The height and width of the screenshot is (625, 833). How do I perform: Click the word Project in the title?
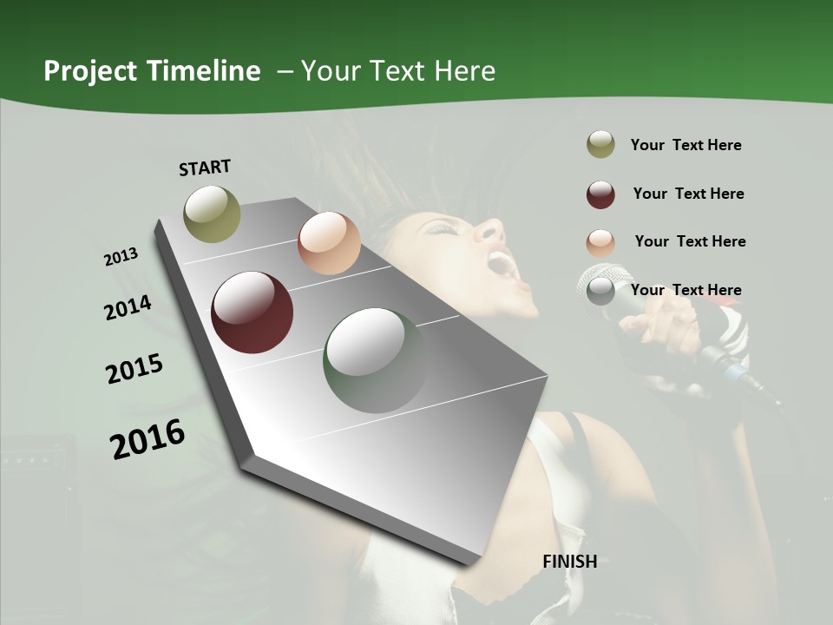(x=90, y=72)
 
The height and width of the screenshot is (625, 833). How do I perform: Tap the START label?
(x=205, y=168)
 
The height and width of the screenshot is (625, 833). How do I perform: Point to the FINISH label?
(x=569, y=562)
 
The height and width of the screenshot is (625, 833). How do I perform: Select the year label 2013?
(x=121, y=257)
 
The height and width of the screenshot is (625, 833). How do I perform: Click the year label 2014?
(x=128, y=307)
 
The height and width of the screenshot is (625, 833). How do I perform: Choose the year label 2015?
(x=134, y=369)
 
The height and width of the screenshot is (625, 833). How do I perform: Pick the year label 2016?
(x=148, y=438)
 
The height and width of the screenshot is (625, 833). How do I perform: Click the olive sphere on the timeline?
(x=212, y=214)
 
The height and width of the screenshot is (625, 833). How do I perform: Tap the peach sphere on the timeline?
(x=329, y=243)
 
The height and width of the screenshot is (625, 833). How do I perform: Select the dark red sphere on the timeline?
(x=253, y=312)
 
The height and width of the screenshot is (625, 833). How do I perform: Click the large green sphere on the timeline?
(x=375, y=360)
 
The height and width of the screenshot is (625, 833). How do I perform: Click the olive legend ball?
(x=600, y=145)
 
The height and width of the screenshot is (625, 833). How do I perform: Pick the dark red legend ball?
(x=600, y=194)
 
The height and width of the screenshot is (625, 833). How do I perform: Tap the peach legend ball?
(x=600, y=243)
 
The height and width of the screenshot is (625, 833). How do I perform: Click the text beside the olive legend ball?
(x=685, y=145)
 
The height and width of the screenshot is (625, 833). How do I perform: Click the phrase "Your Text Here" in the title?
(x=398, y=71)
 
